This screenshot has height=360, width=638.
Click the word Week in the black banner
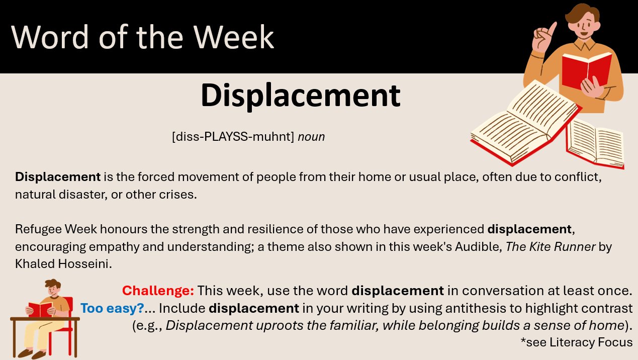(234, 37)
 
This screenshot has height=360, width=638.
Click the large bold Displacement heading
(301, 96)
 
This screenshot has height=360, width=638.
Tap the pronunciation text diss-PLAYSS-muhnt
(233, 137)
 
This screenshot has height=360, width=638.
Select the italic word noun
(311, 137)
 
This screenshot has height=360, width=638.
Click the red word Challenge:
(158, 291)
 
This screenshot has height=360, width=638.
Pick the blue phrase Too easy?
(112, 308)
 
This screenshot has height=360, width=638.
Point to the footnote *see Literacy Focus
(577, 342)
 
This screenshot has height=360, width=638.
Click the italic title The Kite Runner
(551, 247)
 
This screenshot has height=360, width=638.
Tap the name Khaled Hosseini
(63, 264)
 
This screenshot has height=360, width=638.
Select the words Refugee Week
(56, 229)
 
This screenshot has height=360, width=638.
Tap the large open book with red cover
(526, 123)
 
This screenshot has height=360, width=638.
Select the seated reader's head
(53, 288)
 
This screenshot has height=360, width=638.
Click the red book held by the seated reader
(40, 310)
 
